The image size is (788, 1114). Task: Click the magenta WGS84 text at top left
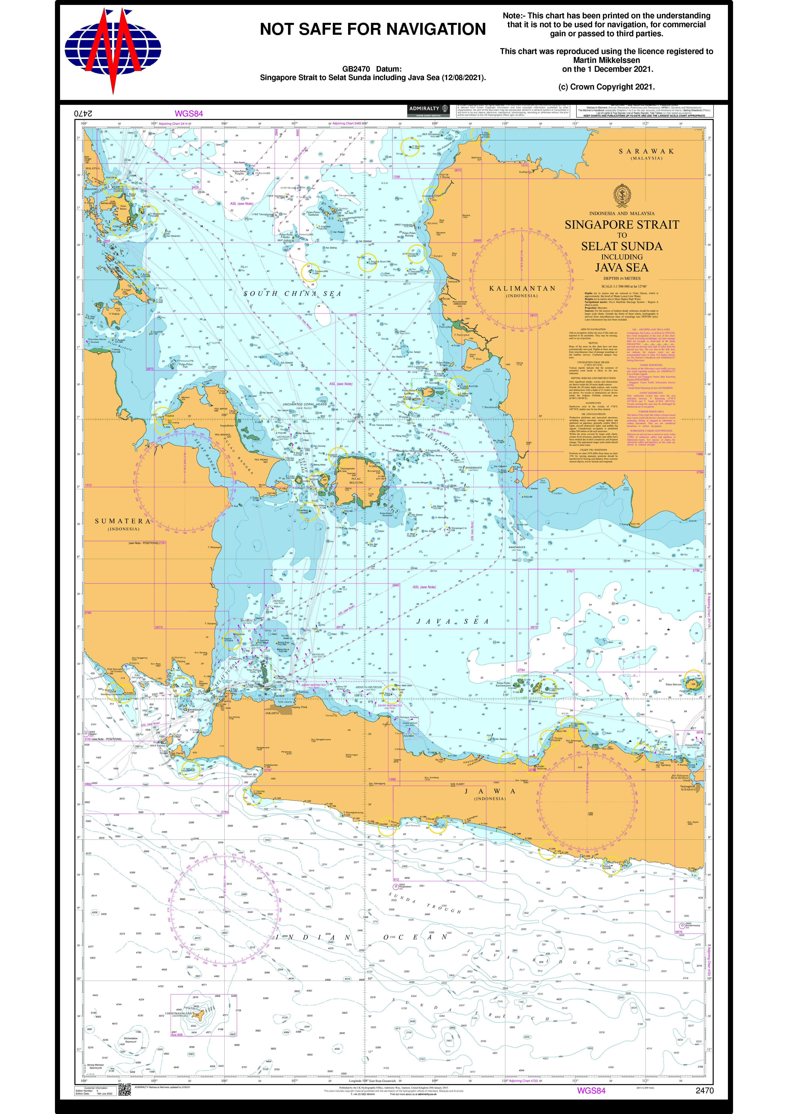(x=189, y=114)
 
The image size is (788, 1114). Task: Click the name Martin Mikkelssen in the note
(x=606, y=60)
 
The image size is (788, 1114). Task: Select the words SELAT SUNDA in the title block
(x=622, y=246)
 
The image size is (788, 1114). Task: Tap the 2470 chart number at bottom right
(x=705, y=1090)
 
